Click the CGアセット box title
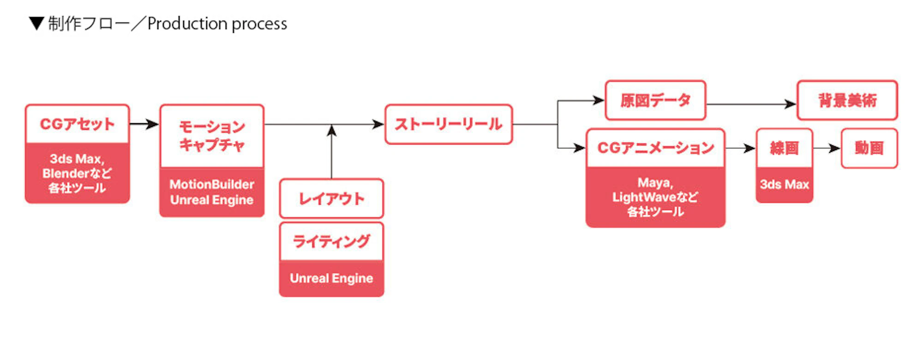click(x=77, y=124)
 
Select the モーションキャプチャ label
click(x=212, y=136)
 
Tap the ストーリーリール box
click(x=449, y=124)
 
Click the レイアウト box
click(x=331, y=198)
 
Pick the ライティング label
click(x=331, y=241)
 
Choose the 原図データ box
click(x=655, y=100)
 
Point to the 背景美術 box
click(x=847, y=100)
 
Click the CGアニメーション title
click(x=655, y=148)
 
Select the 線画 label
click(x=784, y=148)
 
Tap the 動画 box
click(x=869, y=148)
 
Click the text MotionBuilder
click(x=212, y=184)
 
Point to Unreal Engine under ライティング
click(x=331, y=278)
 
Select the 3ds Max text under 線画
click(x=784, y=184)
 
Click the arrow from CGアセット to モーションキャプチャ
click(x=144, y=124)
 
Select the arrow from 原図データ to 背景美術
click(x=751, y=104)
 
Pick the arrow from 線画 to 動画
click(x=827, y=148)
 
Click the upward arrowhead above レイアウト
click(x=331, y=131)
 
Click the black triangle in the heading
click(x=36, y=23)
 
